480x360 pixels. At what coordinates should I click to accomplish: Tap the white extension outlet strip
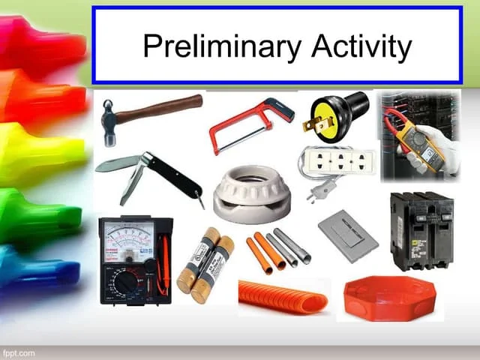[x=337, y=162]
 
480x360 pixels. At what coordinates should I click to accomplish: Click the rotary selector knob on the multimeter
[x=126, y=282]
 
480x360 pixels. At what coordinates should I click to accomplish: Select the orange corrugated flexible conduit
[x=283, y=297]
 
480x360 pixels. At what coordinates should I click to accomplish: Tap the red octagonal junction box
[x=389, y=297]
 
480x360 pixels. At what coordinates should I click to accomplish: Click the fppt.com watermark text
[x=19, y=352]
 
